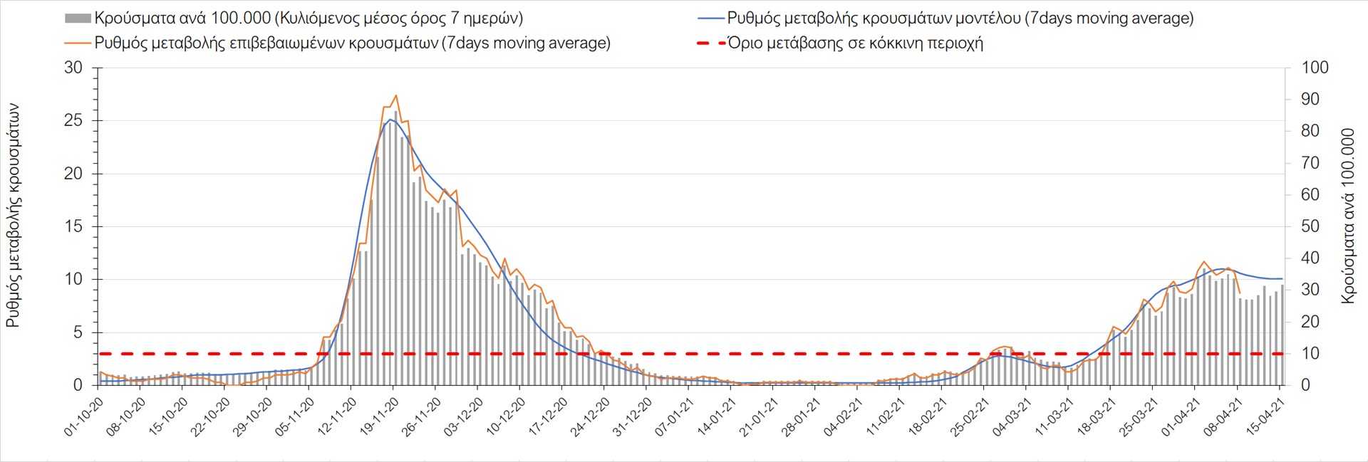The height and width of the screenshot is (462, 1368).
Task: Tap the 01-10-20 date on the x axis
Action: point(84,417)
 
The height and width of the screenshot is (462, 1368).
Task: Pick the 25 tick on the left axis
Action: point(73,120)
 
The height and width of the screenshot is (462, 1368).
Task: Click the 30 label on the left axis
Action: point(73,68)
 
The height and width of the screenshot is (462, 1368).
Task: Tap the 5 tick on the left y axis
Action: point(78,332)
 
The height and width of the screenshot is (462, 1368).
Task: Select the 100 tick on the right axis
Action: point(1315,68)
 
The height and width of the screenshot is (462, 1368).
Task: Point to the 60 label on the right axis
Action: point(1310,194)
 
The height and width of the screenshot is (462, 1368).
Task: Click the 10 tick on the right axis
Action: point(1310,353)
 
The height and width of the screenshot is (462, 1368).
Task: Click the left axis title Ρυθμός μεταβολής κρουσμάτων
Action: point(13,215)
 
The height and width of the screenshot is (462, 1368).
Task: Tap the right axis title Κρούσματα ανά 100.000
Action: point(1347,216)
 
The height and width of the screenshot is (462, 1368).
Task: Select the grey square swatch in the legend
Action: point(78,19)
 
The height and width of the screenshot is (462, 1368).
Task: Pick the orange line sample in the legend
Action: point(78,43)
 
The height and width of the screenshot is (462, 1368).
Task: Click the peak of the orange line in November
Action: point(395,95)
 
